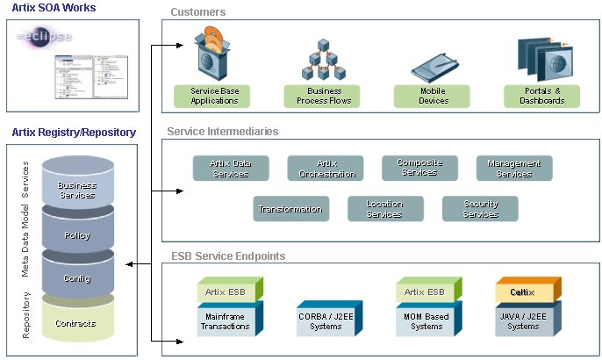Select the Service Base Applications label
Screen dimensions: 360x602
click(214, 96)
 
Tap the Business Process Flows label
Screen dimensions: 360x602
click(321, 96)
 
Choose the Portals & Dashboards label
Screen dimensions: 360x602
click(541, 96)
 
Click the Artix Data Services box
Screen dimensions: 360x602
click(230, 168)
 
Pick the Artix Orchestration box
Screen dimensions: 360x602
click(325, 168)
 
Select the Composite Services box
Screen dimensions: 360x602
click(419, 168)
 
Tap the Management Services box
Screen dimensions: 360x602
click(514, 168)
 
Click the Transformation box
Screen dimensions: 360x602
click(290, 209)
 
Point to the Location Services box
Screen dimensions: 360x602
click(384, 209)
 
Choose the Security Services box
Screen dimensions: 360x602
click(480, 209)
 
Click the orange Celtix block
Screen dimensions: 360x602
click(524, 292)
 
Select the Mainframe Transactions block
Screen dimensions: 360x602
click(227, 320)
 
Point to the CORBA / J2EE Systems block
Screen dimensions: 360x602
click(326, 321)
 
